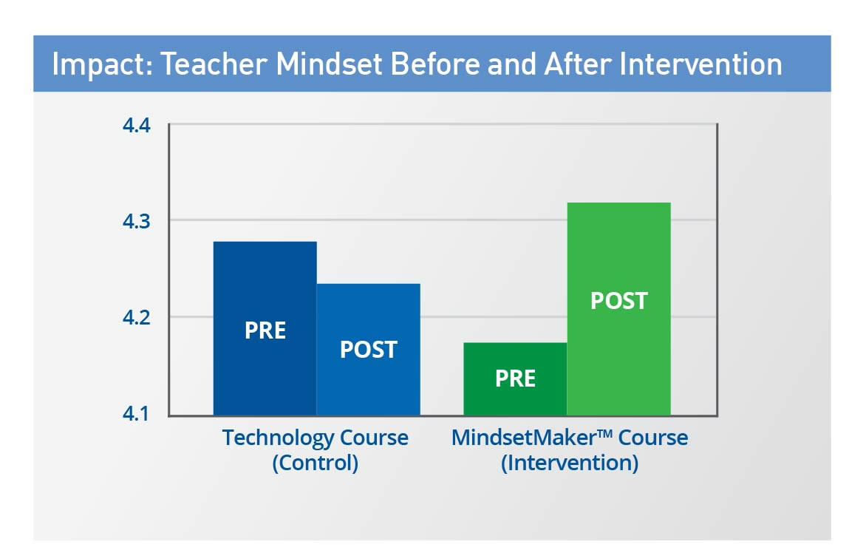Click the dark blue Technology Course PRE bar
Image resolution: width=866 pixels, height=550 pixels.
265,328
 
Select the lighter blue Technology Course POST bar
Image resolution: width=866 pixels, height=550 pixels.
369,350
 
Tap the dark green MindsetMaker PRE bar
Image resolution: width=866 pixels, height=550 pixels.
515,378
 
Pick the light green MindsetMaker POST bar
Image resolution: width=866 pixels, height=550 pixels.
619,309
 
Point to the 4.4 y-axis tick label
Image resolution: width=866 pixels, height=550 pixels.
137,126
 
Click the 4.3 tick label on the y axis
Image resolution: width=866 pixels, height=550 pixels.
137,221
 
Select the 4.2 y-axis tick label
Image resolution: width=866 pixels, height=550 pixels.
137,317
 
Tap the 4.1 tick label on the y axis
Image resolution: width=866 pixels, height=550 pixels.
136,413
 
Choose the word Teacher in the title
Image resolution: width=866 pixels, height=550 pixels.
214,64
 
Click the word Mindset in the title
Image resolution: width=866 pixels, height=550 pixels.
329,64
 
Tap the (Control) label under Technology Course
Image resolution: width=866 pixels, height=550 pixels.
316,462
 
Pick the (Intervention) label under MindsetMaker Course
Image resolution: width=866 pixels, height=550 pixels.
570,462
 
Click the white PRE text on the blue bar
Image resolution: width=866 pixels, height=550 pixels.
265,330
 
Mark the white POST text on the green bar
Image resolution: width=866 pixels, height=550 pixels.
619,302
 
